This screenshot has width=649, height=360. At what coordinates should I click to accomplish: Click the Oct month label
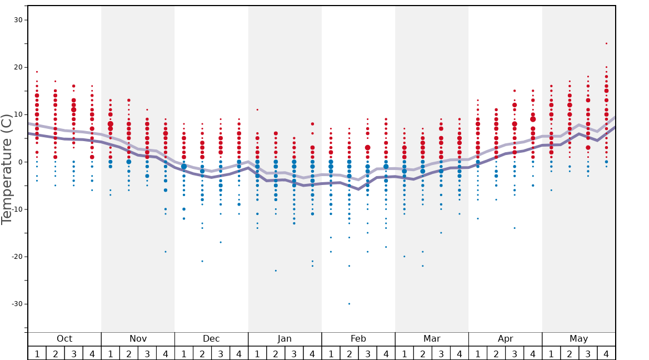click(64, 339)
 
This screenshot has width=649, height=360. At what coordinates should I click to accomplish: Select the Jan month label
click(284, 339)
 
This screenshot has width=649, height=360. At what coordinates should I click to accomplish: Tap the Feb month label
click(358, 339)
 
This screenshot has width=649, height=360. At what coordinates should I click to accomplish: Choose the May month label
click(578, 339)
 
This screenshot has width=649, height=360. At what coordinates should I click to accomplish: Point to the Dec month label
click(211, 339)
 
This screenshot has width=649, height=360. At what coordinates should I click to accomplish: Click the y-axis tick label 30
click(18, 20)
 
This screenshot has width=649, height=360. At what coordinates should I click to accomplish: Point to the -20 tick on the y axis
click(16, 257)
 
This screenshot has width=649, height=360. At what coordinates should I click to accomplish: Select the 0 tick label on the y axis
click(20, 162)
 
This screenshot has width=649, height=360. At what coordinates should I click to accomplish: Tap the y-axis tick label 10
click(18, 115)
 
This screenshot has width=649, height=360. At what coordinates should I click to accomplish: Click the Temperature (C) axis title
click(7, 169)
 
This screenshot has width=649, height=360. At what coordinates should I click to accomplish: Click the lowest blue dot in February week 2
click(349, 304)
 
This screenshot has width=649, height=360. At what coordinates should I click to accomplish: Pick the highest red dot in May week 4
click(606, 43)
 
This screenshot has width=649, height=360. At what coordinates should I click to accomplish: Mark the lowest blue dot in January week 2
click(276, 271)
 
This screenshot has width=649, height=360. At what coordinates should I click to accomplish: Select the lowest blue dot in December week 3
click(221, 242)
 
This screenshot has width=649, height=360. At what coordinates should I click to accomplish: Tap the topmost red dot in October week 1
click(37, 72)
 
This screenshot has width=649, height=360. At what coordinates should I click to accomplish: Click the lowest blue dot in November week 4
click(166, 252)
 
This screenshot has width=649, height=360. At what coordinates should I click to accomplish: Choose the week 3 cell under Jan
click(294, 353)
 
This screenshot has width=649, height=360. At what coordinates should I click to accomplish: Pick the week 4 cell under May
click(606, 353)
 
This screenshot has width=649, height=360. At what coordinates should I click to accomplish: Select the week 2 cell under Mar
click(422, 353)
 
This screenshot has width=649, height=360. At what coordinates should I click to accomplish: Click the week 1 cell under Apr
click(477, 353)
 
